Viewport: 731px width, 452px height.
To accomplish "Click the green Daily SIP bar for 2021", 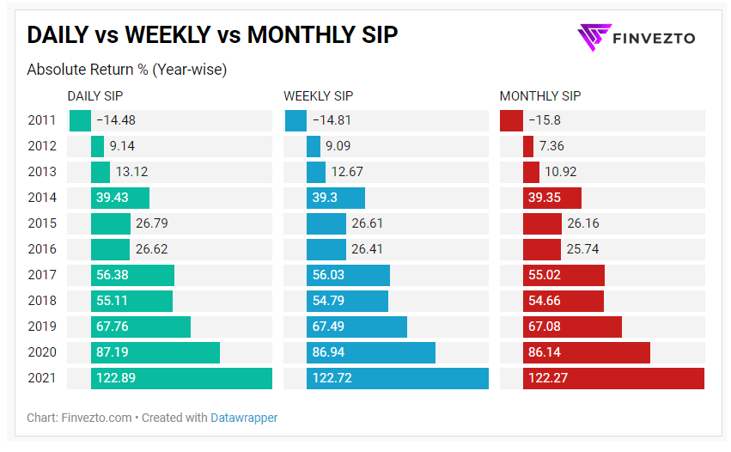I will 181,378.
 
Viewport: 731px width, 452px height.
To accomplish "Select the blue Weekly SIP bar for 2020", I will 371,352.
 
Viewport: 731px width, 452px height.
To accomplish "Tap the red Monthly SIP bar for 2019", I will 572,327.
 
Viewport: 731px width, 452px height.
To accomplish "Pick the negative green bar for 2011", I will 80,120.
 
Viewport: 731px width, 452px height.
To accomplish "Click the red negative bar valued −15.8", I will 511,120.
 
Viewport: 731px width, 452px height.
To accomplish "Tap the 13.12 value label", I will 134,172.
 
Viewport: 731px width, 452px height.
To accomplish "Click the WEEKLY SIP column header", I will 319,96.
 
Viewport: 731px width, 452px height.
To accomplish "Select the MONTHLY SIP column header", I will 540,96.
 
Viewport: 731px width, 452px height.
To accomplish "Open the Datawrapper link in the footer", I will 244,418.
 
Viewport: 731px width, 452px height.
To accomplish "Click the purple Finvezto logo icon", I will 592,37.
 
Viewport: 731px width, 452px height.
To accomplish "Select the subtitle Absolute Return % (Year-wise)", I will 126,69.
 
